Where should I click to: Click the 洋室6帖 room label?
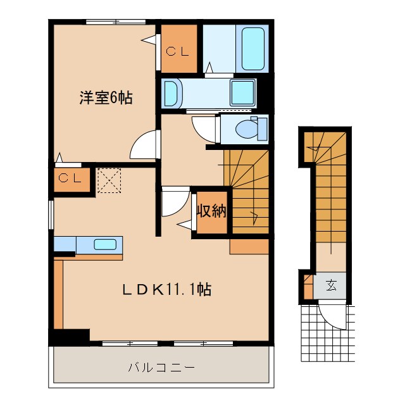coord(106,98)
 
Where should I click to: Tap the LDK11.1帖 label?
coord(166,290)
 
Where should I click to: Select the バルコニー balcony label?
coord(161,367)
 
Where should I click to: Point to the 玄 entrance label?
coord(332,285)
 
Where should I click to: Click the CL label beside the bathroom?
coord(178,52)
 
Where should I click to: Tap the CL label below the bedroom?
coord(70,178)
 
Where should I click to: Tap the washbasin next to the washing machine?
coord(172,93)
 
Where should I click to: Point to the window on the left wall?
coord(52,215)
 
